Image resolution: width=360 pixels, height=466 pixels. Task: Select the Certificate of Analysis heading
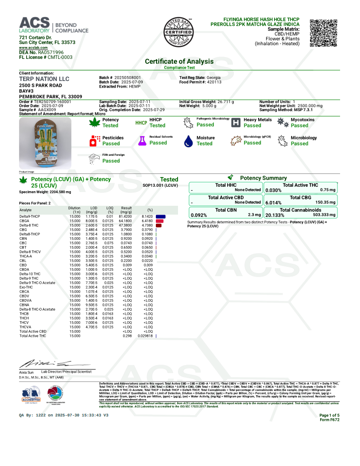pyautogui.click(x=179, y=62)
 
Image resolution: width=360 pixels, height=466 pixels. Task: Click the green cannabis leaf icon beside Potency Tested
pyautogui.click(x=94, y=123)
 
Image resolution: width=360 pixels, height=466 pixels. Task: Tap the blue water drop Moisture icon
pyautogui.click(x=189, y=141)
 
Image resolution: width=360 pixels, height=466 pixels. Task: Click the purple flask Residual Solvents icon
pyautogui.click(x=142, y=141)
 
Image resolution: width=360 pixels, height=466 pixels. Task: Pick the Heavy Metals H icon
pyautogui.click(x=236, y=123)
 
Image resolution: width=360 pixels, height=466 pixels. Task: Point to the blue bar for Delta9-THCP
pyautogui.click(x=160, y=216)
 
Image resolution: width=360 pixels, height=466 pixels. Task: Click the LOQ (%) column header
pyautogui.click(x=109, y=209)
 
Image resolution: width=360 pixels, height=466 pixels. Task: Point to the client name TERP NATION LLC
pyautogui.click(x=44, y=79)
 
